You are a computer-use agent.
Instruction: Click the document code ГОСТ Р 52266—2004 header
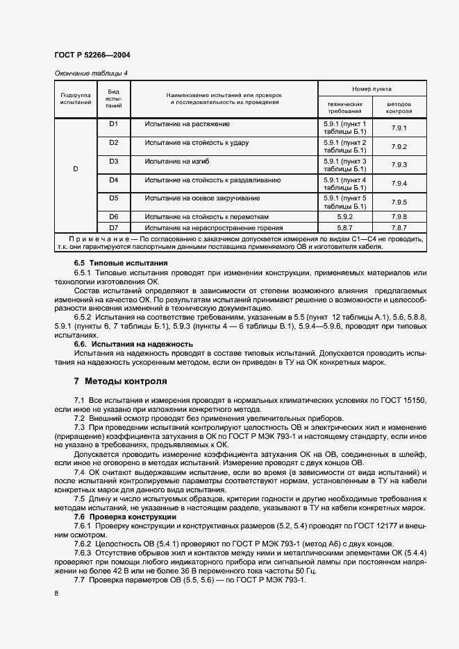(91, 55)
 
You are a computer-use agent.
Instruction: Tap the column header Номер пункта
(372, 89)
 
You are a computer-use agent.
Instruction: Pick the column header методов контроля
(399, 107)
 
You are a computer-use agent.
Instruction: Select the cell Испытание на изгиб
(167, 162)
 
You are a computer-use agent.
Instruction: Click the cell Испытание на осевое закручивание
(187, 199)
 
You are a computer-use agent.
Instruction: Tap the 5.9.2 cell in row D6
(344, 216)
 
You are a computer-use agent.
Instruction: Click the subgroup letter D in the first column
(76, 169)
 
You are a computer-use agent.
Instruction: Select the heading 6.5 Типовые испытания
(121, 263)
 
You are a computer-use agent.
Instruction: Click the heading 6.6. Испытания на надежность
(133, 344)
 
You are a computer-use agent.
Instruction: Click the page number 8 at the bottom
(56, 593)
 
